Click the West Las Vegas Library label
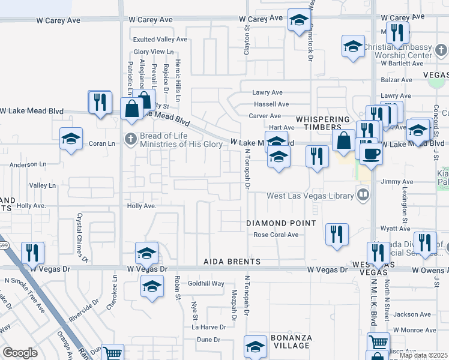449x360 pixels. [x=310, y=196]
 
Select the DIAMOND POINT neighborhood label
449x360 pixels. [x=281, y=223]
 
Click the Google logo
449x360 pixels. [x=20, y=353]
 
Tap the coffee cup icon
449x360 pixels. [x=371, y=154]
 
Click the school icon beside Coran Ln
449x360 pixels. [x=71, y=139]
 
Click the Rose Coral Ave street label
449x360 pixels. [x=276, y=235]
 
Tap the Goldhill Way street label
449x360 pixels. [x=206, y=283]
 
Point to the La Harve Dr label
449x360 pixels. [x=208, y=327]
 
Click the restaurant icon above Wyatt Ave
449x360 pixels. [x=337, y=234]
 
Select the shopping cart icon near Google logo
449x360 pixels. [x=112, y=353]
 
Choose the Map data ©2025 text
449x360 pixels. [x=423, y=355]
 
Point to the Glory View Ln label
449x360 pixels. [x=154, y=52]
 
